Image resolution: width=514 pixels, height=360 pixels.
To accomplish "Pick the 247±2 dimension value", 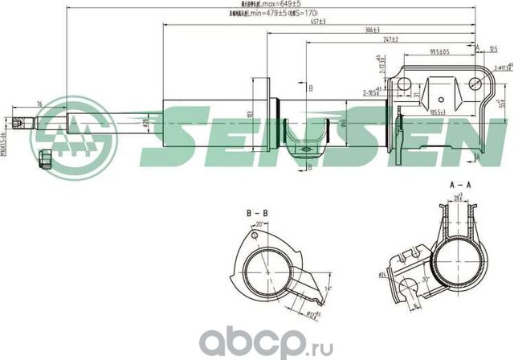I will [x=391, y=39].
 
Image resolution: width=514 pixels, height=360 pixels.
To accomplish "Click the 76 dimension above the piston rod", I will [x=40, y=103].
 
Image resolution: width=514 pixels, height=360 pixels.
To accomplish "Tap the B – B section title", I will [x=256, y=214].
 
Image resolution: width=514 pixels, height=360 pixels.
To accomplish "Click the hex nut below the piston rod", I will [x=45, y=155].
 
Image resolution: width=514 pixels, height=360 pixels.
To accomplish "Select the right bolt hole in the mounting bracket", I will [x=475, y=84].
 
